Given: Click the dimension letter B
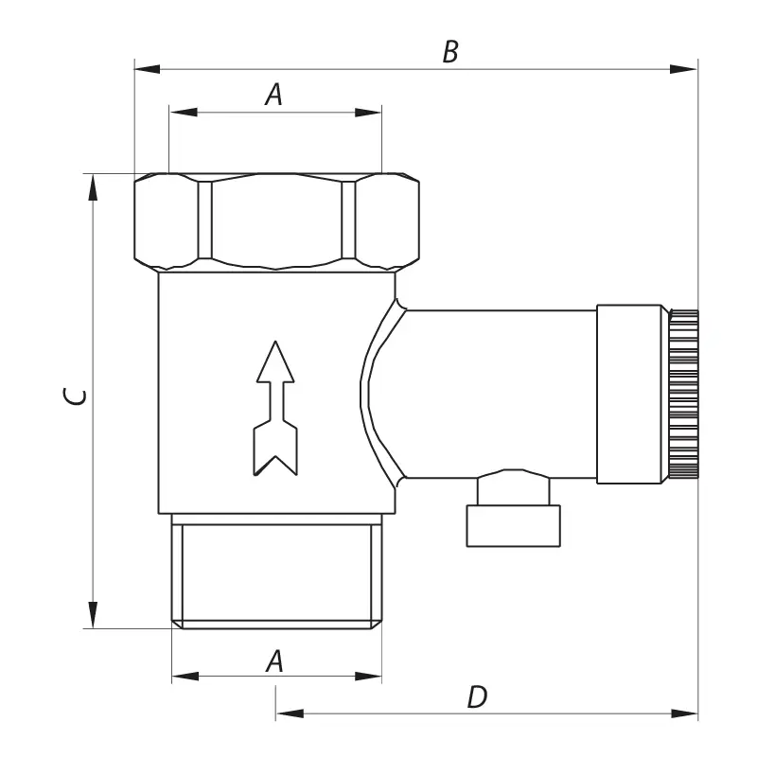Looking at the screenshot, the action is [x=450, y=52].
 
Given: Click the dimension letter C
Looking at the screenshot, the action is [x=75, y=396].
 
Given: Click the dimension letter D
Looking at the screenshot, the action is [x=478, y=697].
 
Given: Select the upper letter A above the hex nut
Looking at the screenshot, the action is [x=273, y=95].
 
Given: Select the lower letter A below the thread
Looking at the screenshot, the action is [x=274, y=660].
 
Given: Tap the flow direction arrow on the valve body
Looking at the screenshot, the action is [x=275, y=409].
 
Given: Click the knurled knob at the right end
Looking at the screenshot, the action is [x=683, y=394].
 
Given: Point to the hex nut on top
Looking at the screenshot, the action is [x=276, y=221].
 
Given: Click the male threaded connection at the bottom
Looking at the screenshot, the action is [x=276, y=572].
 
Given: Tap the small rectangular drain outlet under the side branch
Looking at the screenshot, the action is [x=513, y=526].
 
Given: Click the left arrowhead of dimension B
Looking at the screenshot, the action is [x=147, y=69].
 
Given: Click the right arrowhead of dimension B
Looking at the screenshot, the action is [x=684, y=69].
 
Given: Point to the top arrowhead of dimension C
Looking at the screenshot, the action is [x=93, y=186].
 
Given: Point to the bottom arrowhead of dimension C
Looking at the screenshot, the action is [x=93, y=615].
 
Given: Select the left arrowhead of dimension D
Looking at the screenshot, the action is [x=290, y=713].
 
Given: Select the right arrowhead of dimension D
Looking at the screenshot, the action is [x=684, y=713].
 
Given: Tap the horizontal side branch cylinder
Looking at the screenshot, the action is [x=501, y=394].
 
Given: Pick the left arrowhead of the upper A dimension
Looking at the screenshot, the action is [x=184, y=113].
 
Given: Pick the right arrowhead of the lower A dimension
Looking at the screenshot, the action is [x=368, y=676].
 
